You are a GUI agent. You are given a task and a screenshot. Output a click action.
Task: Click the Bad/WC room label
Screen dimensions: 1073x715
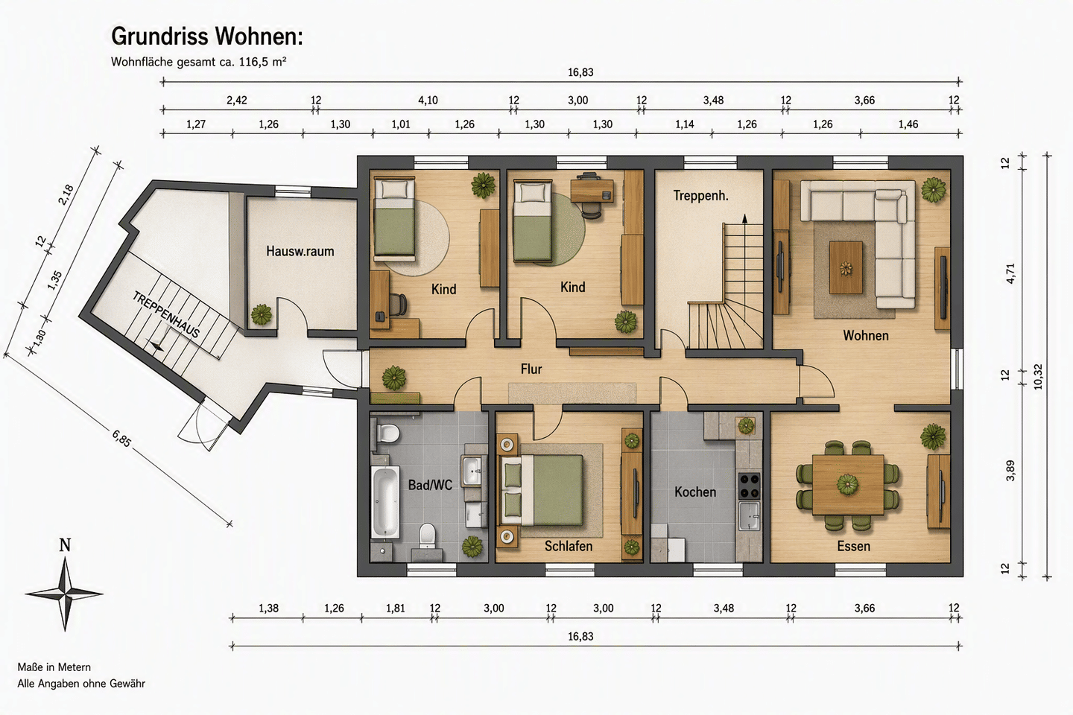click(430, 485)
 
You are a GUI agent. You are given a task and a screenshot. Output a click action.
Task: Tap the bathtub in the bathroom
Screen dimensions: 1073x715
click(384, 502)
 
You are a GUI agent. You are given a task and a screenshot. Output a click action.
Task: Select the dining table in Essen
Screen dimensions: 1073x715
click(848, 485)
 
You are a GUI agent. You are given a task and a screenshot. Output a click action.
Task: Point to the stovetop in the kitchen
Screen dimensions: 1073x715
click(749, 486)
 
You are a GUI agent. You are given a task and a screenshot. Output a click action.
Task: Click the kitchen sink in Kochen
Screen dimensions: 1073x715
click(749, 516)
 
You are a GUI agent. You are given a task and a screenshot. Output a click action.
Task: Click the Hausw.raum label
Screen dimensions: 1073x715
click(300, 252)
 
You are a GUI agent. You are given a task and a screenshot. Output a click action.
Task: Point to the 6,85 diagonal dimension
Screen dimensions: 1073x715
click(121, 438)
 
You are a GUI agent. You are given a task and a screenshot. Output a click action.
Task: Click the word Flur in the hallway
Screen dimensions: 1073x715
click(531, 369)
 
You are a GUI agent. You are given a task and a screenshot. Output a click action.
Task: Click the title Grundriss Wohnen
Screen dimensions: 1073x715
click(207, 36)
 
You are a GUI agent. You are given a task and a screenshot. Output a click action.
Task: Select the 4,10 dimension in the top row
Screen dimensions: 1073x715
click(428, 100)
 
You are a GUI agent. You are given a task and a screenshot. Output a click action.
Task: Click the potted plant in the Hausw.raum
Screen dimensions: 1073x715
click(262, 314)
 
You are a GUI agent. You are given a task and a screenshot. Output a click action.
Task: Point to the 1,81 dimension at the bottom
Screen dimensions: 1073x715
click(395, 608)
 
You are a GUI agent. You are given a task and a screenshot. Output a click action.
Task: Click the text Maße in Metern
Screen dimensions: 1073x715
click(54, 667)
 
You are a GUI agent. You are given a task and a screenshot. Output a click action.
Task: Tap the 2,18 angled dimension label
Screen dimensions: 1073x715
click(66, 195)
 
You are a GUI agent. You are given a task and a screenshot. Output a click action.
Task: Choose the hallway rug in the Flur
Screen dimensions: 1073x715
click(572, 393)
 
